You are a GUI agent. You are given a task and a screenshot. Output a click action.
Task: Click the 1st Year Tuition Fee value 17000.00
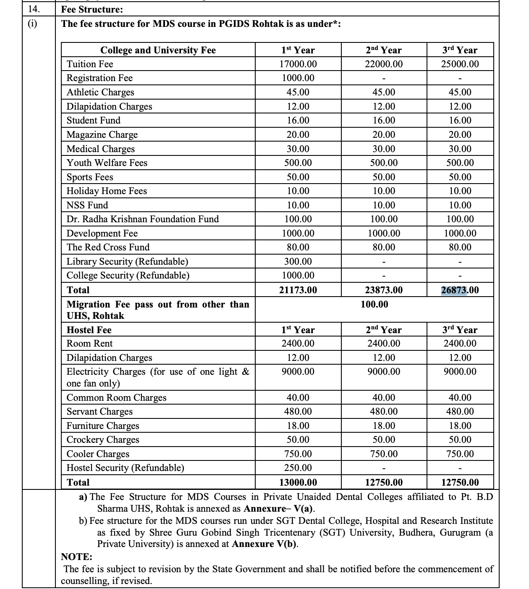click(298, 64)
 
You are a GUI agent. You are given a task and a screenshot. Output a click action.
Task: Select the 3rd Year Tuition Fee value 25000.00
click(460, 64)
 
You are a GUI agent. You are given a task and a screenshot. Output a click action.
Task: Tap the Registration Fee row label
click(100, 78)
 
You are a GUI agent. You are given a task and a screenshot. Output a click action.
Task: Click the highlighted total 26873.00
click(460, 290)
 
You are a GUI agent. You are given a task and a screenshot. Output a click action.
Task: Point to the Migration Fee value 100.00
click(374, 304)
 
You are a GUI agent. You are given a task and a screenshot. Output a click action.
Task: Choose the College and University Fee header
click(158, 50)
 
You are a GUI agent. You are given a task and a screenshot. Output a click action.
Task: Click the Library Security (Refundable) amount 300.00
click(298, 261)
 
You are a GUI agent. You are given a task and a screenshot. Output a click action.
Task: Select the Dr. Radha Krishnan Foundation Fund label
click(142, 219)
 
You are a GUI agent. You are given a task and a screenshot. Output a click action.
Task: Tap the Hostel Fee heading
click(89, 330)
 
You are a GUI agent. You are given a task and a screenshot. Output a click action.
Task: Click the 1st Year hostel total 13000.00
click(298, 482)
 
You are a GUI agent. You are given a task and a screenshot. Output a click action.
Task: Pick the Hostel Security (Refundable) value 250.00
click(298, 468)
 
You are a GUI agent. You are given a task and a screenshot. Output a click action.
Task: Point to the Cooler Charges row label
click(98, 454)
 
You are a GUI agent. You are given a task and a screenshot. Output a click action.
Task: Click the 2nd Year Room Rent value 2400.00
click(383, 343)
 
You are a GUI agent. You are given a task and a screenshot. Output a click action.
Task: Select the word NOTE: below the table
click(76, 557)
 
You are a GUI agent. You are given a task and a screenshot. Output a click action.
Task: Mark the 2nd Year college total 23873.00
click(383, 290)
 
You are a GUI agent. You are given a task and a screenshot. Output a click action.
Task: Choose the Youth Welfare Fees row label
click(107, 163)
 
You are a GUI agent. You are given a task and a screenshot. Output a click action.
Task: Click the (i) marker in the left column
click(32, 24)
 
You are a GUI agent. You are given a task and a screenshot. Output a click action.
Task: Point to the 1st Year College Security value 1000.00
click(298, 275)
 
